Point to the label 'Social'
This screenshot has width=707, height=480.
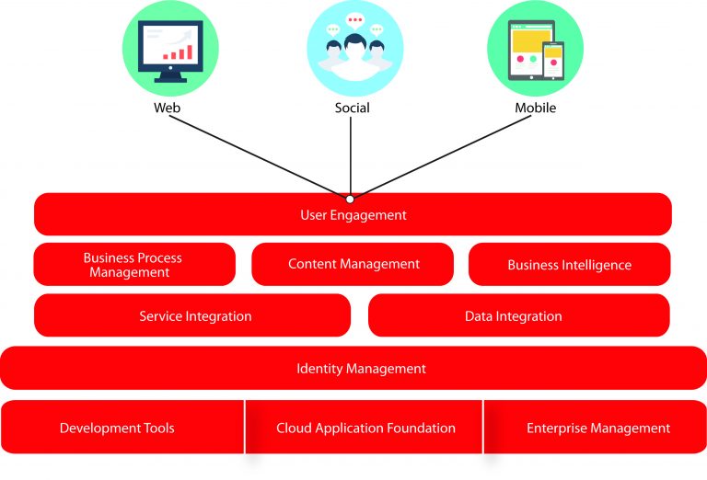(x=352, y=108)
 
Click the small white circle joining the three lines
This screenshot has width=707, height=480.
(x=350, y=199)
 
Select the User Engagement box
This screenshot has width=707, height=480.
(x=353, y=215)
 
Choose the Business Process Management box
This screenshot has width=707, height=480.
(x=133, y=265)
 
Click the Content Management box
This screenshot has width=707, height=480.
(x=353, y=264)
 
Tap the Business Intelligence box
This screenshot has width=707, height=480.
(x=569, y=265)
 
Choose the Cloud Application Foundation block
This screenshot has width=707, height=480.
(x=365, y=428)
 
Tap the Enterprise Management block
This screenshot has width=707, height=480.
(x=597, y=428)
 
